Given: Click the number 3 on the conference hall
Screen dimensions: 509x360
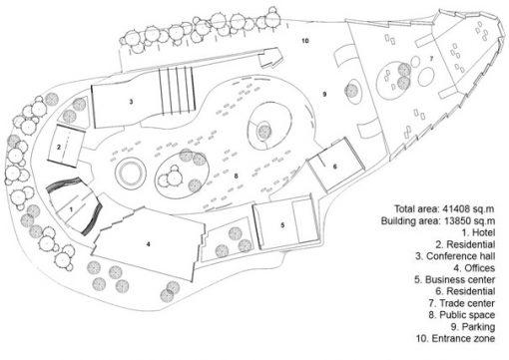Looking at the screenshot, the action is [x=131, y=102].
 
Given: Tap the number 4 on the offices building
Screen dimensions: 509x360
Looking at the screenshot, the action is [x=149, y=244].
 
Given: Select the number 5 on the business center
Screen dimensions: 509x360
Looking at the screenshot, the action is [x=282, y=225].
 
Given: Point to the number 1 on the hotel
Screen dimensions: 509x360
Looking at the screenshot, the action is [x=71, y=209].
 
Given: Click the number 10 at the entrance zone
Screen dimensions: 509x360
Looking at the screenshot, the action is [x=305, y=41].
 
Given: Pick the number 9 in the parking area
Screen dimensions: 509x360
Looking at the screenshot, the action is [x=324, y=94].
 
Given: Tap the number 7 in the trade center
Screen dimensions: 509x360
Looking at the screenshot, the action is [x=431, y=59].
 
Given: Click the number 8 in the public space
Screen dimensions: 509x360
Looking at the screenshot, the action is [x=236, y=176].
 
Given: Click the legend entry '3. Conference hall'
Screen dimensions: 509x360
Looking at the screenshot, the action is [x=455, y=256].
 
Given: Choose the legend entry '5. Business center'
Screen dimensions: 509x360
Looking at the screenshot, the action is [x=454, y=279].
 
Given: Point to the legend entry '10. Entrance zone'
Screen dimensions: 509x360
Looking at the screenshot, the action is [x=455, y=338].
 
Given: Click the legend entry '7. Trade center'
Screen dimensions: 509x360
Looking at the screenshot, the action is [x=462, y=303].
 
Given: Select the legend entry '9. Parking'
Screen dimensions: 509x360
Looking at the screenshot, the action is [x=473, y=327].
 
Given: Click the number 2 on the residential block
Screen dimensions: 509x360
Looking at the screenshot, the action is [x=59, y=147].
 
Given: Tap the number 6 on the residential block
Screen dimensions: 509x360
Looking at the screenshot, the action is [x=335, y=167].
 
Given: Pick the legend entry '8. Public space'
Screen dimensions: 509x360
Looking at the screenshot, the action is [x=462, y=315].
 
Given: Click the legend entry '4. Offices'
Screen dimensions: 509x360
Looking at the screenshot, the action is [x=474, y=268].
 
